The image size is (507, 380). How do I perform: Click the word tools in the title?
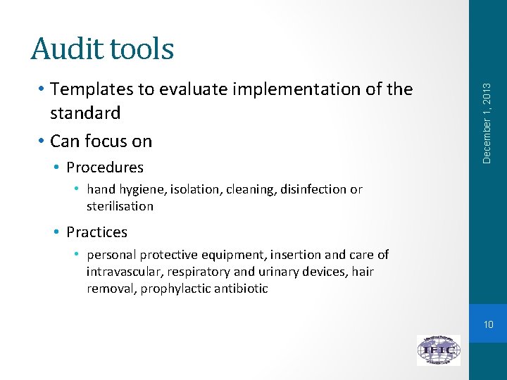tap(139, 49)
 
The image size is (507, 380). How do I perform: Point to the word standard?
tap(85, 113)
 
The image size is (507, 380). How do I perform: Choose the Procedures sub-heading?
tap(105, 167)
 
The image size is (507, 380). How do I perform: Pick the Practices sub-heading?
tap(96, 232)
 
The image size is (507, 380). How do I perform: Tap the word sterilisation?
tap(120, 206)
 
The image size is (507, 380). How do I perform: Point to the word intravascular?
tap(123, 272)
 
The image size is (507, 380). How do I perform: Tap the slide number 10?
tap(488, 324)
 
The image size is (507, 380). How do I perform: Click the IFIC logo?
tap(438, 350)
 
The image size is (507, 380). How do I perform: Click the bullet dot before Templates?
tap(43, 90)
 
